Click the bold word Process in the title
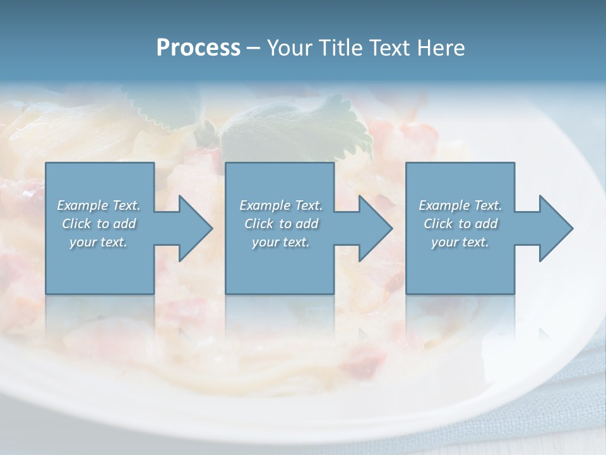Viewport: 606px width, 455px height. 198,48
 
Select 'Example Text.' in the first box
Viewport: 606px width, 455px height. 98,205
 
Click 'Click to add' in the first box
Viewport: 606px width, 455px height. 98,224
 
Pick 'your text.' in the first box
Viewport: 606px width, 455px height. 98,242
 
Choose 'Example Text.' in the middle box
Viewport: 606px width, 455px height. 281,205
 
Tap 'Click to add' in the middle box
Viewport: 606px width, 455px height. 281,224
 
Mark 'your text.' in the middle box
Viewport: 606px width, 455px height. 281,242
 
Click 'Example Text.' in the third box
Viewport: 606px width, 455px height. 460,205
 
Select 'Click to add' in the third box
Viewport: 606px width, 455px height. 460,224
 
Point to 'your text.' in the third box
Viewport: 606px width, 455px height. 460,242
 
